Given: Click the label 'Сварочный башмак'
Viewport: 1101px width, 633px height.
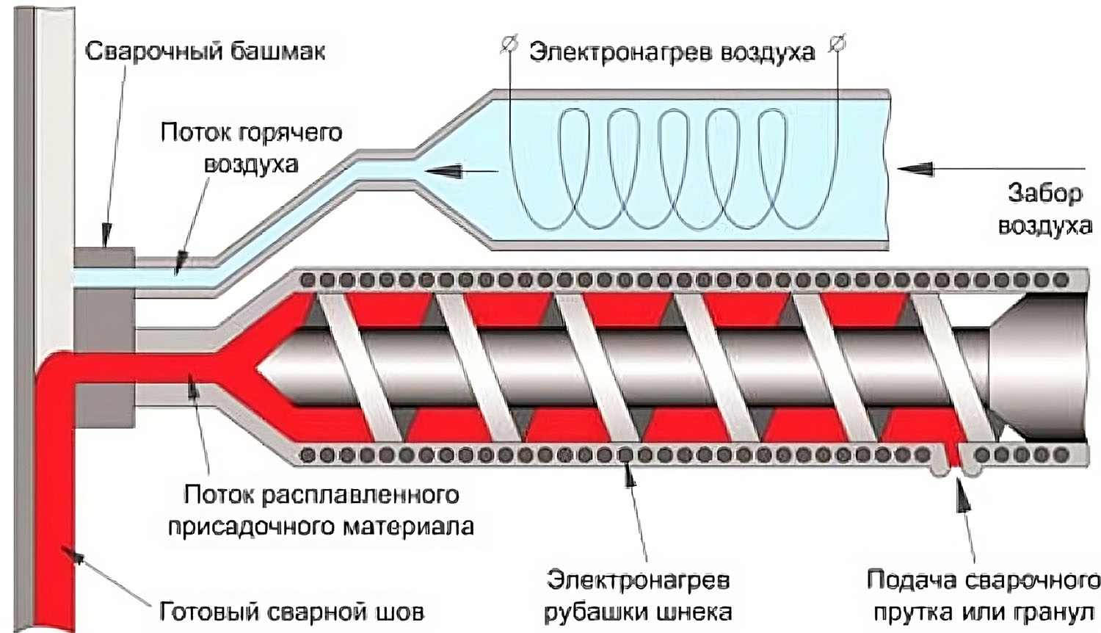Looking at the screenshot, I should click(x=205, y=52).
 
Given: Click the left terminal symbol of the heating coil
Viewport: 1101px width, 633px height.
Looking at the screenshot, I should click(x=507, y=45).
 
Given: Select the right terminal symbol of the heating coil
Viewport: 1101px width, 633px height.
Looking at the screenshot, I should click(x=837, y=44).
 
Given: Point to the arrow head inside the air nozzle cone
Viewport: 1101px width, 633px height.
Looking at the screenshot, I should click(x=439, y=171).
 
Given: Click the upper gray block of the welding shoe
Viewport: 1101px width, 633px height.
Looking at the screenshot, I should click(x=104, y=257).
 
